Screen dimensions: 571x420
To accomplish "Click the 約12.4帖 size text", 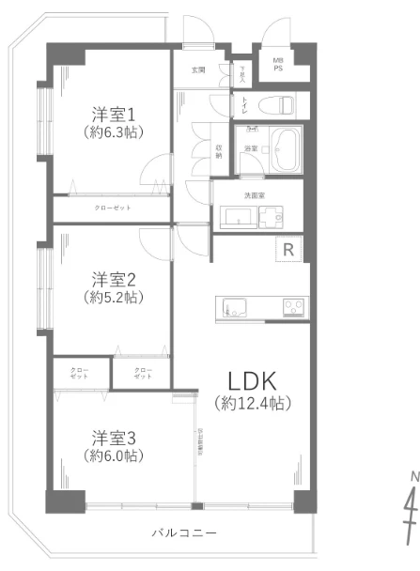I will tap(252, 404).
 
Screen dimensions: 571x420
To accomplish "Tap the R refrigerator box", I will tap(288, 249).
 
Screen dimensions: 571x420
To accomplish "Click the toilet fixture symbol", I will tap(280, 104).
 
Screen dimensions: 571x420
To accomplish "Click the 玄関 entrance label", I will tap(198, 70).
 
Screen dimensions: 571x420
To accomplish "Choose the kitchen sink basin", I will tap(234, 306).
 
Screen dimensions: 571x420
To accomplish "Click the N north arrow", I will tap(411, 512).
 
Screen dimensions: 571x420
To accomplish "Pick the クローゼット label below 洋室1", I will tap(112, 207).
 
